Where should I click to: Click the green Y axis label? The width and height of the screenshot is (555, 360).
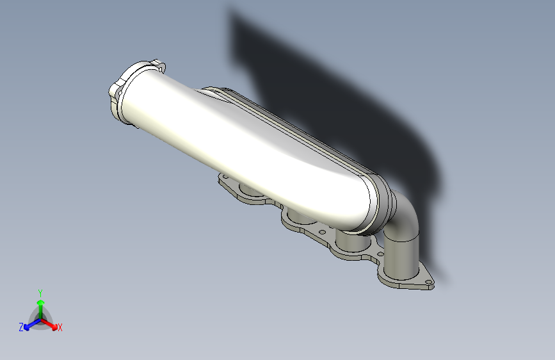[x=40, y=293]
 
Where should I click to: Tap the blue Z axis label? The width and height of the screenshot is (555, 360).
[x=21, y=327]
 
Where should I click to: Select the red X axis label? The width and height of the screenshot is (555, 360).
[x=60, y=328]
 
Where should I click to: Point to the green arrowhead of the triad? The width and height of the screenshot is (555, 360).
[x=41, y=302]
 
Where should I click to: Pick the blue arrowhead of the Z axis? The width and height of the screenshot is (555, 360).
[x=27, y=327]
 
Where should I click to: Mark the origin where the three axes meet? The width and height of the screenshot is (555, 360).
[x=41, y=320]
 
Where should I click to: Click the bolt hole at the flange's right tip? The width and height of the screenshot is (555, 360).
[x=427, y=282]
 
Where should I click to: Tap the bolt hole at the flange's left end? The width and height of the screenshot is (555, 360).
[x=225, y=176]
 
